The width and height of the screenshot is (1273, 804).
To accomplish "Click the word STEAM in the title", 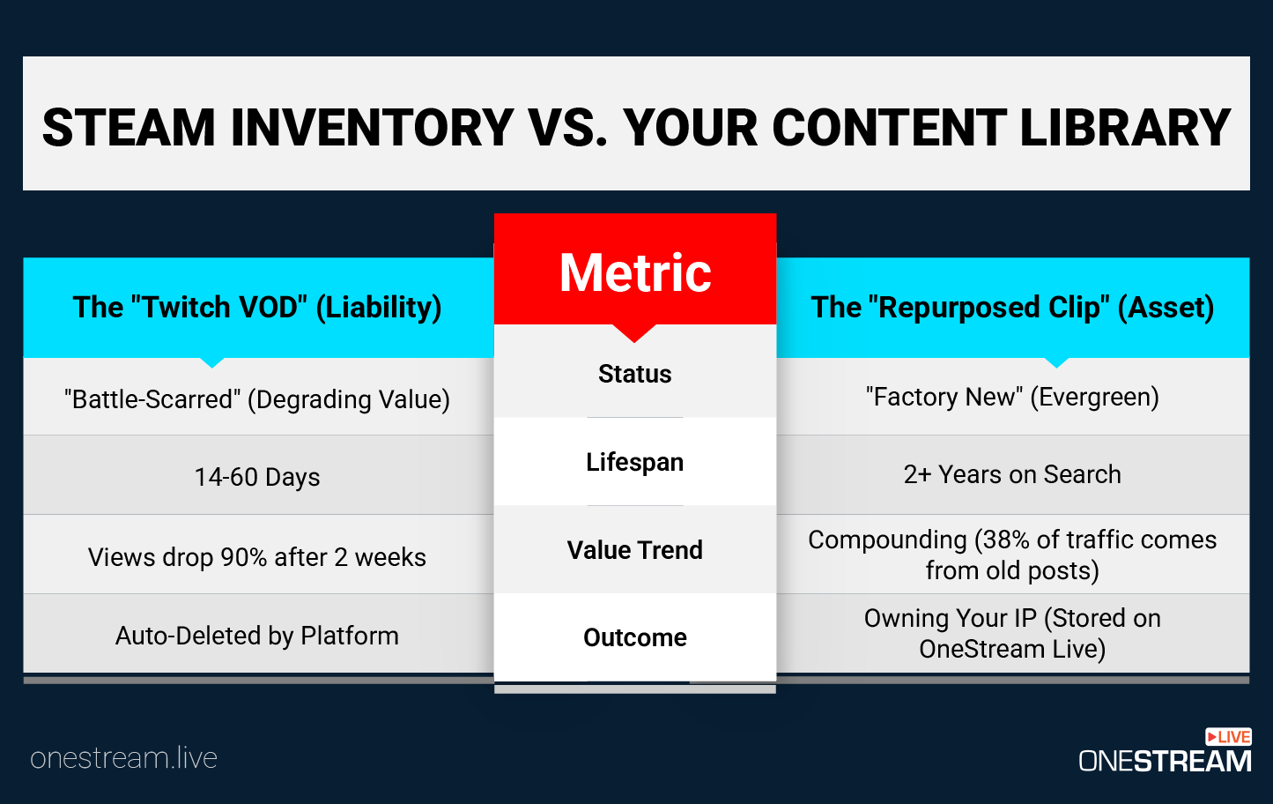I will pos(129,128).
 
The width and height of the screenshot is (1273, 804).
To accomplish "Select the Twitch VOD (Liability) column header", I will pos(257,308).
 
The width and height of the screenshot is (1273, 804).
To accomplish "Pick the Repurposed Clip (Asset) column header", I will pos(1012,308).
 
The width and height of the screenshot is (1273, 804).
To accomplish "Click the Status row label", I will pos(635,374).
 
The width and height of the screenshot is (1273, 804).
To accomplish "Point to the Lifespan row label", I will pos(635,462).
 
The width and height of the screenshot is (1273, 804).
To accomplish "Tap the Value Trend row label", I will pos(635,550).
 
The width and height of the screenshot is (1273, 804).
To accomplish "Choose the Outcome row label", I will pos(635,637).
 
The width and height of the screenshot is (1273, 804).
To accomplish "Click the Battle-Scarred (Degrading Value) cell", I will pos(257,399).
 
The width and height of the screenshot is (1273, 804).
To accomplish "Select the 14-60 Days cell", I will pos(257,477).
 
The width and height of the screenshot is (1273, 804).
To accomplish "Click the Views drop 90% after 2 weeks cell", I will pos(257,557).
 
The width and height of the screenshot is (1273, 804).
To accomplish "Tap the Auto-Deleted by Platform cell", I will pos(257,636).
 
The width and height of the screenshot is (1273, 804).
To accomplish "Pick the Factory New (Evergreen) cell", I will pos(1012,397).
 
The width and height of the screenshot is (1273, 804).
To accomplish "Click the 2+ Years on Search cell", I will pos(1012,474).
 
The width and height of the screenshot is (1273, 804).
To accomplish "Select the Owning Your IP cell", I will pos(1012,633).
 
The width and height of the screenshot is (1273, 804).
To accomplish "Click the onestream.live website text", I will pos(123,758).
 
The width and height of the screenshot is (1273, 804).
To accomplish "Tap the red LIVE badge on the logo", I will pos(1228,737).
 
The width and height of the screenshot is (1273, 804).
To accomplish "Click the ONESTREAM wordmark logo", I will pos(1165,761).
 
